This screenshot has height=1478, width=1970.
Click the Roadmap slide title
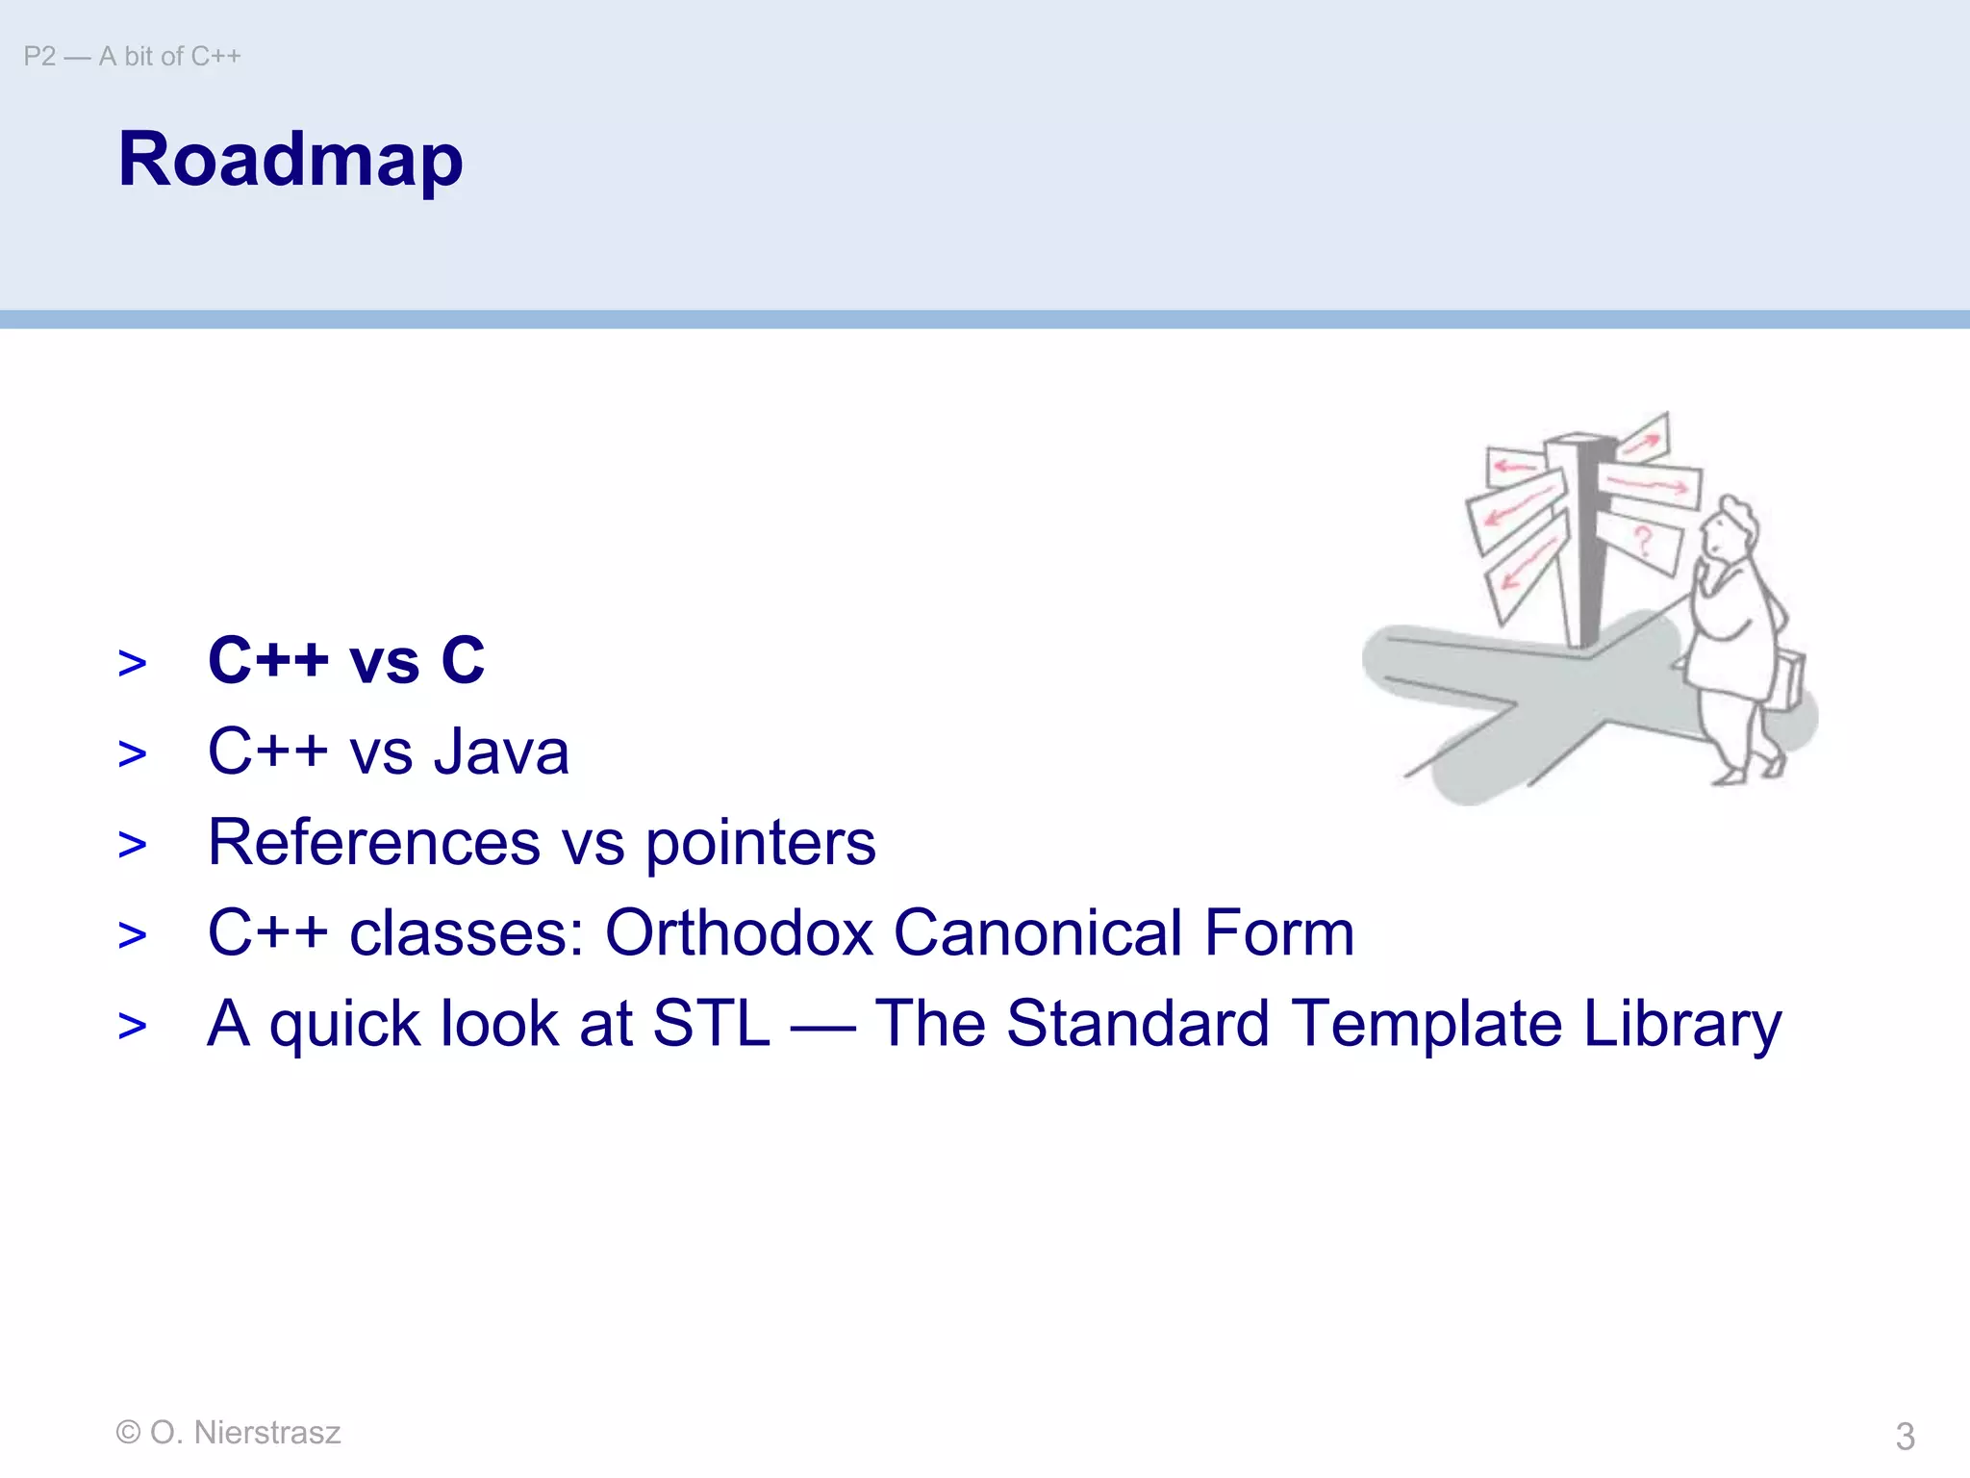coord(290,160)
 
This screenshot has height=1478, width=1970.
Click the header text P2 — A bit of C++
coord(133,57)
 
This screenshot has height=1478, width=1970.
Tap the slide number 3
coord(1905,1437)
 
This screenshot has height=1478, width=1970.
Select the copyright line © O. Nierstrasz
coord(228,1432)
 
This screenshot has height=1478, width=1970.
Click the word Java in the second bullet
coord(501,752)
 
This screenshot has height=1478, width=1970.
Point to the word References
coord(374,842)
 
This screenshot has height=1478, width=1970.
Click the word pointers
coord(760,844)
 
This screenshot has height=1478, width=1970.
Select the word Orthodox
coord(738,932)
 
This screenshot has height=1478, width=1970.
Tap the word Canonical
coord(1037,932)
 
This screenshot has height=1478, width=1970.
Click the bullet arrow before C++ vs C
coord(133,663)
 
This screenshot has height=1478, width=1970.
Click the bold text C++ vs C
coord(346,661)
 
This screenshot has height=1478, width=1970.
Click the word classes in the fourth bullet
coord(467,932)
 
